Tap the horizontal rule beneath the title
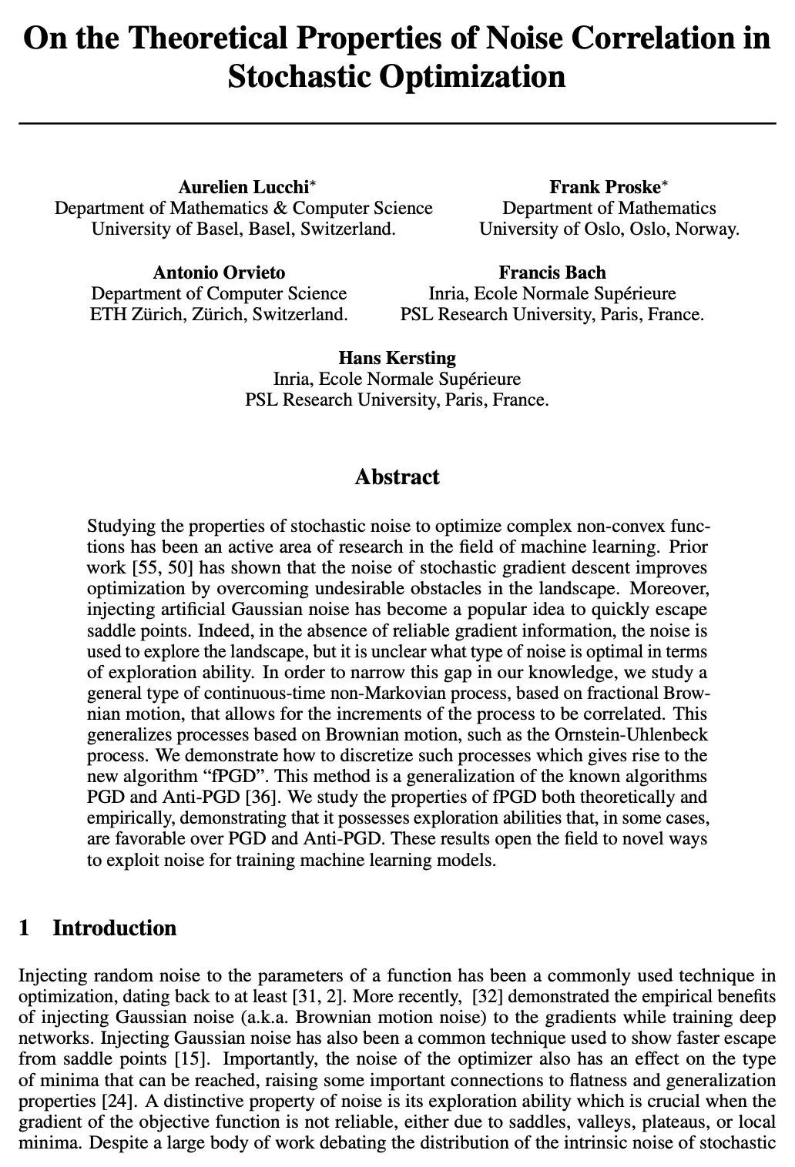(x=397, y=122)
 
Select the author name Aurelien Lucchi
(x=243, y=187)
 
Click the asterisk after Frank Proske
(x=666, y=185)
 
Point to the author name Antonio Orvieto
(x=219, y=273)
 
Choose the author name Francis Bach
(x=552, y=273)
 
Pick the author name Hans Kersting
(x=397, y=358)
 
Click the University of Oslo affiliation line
(x=609, y=229)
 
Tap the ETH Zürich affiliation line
(x=219, y=314)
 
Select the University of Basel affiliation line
(x=243, y=229)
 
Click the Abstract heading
(x=397, y=477)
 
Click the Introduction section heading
(x=114, y=928)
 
